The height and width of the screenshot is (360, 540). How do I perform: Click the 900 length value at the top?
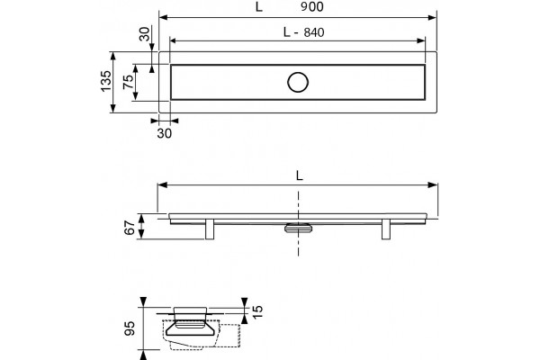(312, 6)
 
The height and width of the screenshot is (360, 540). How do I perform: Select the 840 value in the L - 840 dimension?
(314, 32)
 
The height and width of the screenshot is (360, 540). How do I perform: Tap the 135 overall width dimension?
(106, 81)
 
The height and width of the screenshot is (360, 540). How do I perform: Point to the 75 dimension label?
(129, 82)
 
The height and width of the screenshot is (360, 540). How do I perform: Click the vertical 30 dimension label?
(145, 34)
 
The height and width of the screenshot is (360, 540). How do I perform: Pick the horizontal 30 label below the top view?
(165, 133)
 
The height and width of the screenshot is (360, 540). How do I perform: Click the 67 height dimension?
(130, 228)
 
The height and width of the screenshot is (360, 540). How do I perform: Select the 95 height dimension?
(130, 328)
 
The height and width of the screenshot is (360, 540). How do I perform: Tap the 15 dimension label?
(257, 311)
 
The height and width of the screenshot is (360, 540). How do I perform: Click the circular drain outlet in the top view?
(298, 82)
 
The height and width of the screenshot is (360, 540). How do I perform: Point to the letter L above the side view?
(300, 175)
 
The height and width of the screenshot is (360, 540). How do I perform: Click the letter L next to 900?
(259, 6)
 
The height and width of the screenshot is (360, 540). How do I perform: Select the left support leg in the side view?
(210, 229)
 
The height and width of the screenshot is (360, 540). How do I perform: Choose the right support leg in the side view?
(386, 229)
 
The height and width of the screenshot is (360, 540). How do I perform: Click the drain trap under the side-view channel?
(298, 228)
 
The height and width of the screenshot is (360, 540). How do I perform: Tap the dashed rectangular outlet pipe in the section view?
(230, 336)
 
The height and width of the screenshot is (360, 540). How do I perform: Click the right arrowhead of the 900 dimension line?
(433, 18)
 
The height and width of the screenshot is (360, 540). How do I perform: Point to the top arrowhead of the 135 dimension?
(112, 56)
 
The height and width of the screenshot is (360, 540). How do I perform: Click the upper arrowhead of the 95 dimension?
(144, 302)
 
